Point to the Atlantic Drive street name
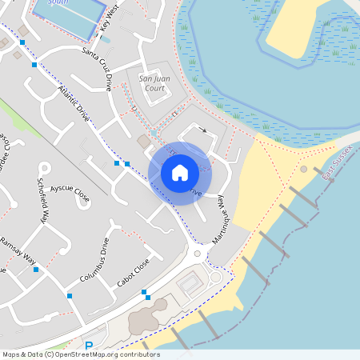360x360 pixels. pyautogui.click(x=74, y=102)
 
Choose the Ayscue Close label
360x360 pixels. pyautogui.click(x=70, y=191)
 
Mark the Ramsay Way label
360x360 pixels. pyautogui.click(x=18, y=251)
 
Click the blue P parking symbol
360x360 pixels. pyautogui.click(x=89, y=346)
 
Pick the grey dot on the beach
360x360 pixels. pyautogui.click(x=303, y=170)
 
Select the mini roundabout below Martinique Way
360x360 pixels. pyautogui.click(x=197, y=254)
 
